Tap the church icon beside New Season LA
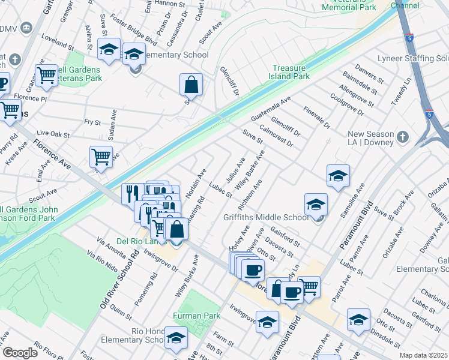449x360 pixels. (403, 137)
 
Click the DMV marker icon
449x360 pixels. (25, 28)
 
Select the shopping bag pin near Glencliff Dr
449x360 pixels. (191, 86)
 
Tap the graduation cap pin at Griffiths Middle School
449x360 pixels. (316, 204)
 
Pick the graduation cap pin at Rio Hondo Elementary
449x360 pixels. (176, 338)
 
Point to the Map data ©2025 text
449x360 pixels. (423, 355)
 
